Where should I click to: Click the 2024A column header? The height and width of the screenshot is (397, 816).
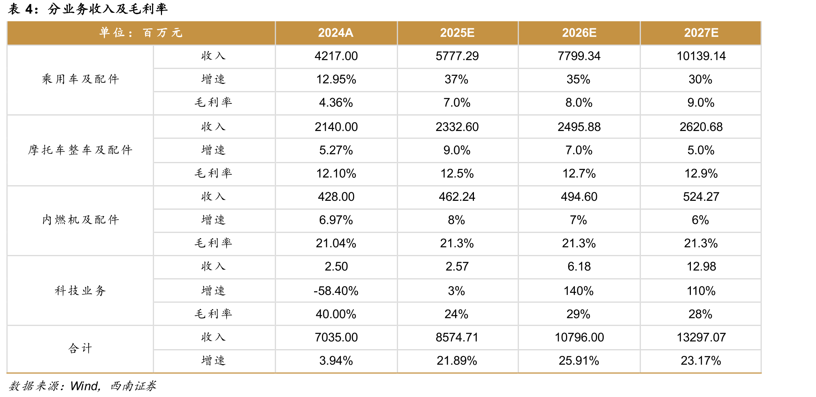coord(335,33)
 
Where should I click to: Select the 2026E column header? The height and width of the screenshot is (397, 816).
coord(579,33)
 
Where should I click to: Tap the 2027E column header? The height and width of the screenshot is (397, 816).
coord(701,33)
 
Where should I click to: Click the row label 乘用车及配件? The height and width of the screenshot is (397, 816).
coord(80,79)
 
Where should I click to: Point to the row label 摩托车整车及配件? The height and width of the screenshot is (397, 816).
coord(80,150)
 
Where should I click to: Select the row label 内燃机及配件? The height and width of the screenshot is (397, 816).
coord(80,220)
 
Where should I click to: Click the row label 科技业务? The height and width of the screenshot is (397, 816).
coord(80,291)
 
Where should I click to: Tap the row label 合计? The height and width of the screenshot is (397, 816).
coord(80,348)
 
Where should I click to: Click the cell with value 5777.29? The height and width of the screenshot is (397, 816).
coord(457,56)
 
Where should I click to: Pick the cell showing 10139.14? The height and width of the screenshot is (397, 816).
coord(701,56)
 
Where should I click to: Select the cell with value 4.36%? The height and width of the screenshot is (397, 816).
coord(336,103)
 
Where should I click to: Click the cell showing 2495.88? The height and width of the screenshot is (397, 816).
coord(579,127)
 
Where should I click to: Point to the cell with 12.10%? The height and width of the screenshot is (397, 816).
coord(336,174)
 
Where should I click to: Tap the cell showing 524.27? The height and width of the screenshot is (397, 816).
coord(701,197)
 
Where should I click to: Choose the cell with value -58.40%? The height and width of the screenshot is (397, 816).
coord(336,291)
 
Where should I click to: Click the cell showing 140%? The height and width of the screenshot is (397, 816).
coord(579,291)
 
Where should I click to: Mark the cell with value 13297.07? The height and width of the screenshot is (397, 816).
coord(701,338)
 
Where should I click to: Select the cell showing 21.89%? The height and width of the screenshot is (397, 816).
coord(457,361)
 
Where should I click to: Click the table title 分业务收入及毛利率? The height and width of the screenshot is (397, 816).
coord(107,9)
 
